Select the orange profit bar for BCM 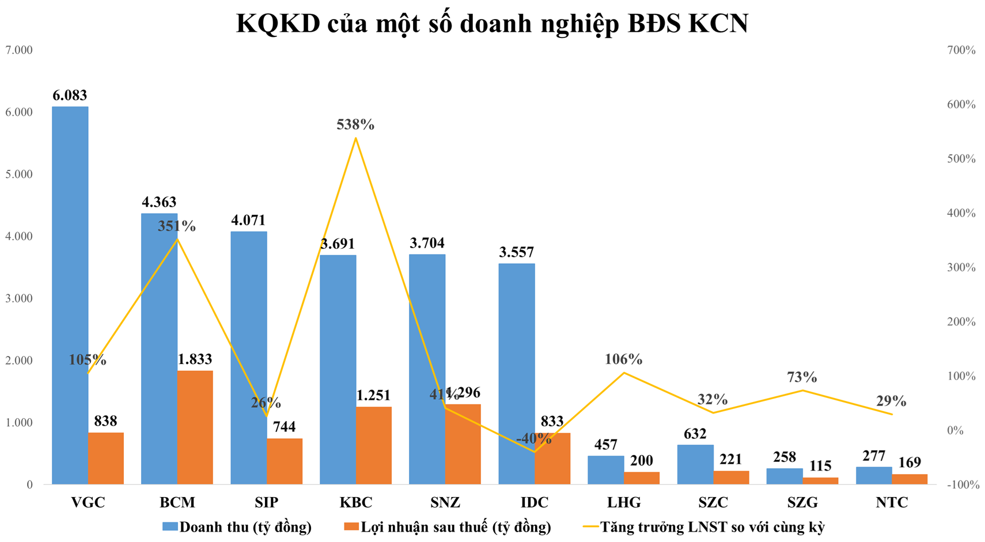click(195, 427)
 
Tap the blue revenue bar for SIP click(248, 357)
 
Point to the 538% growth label click(355, 124)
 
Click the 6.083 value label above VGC click(70, 95)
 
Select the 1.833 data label click(195, 359)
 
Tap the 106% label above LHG click(623, 359)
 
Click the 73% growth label click(802, 377)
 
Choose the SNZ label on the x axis click(445, 502)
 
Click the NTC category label click(892, 502)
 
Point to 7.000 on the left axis click(19, 50)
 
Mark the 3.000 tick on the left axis click(19, 298)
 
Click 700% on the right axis click(961, 50)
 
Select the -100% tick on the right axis click(963, 485)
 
